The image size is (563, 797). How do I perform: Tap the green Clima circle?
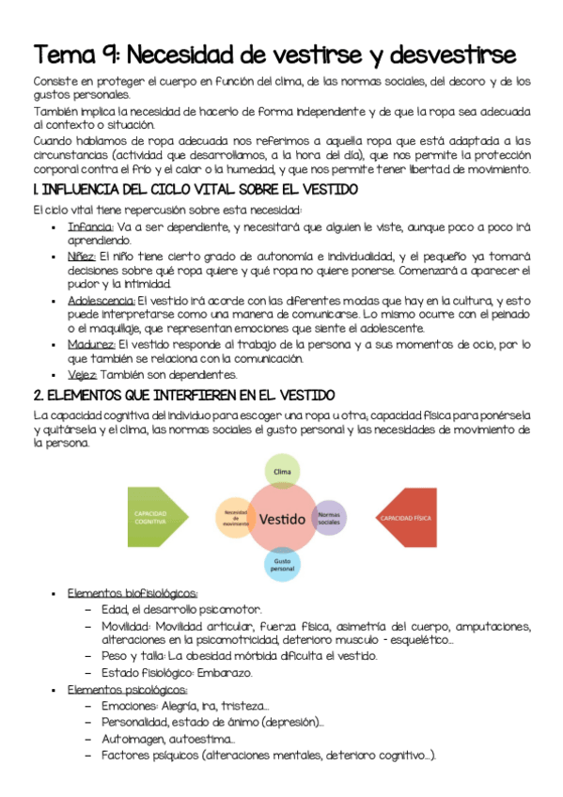[279, 470]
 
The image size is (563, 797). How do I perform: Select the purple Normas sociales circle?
[328, 518]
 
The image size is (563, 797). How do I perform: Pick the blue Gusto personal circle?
[282, 564]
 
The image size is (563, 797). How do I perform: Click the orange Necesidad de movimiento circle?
[235, 516]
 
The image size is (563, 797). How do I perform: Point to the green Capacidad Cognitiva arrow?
[159, 518]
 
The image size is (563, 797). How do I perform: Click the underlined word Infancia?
[90, 227]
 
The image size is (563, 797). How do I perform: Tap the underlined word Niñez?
[81, 256]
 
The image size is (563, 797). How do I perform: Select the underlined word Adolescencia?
[102, 300]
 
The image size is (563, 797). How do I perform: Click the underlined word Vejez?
[82, 374]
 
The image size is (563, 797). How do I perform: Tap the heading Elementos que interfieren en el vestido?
[183, 396]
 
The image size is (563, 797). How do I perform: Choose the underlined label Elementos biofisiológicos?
[133, 593]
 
